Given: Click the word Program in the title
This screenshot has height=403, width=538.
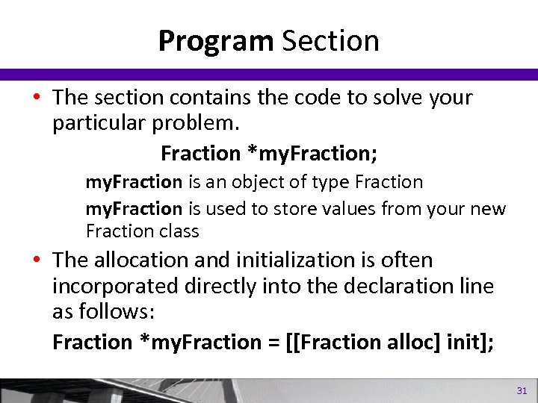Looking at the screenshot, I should (x=216, y=41).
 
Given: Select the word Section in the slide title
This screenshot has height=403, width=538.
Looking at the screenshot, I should (x=330, y=41).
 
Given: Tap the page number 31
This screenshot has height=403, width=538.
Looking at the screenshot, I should (x=521, y=390).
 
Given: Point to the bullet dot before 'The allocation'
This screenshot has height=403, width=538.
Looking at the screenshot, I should (x=37, y=261).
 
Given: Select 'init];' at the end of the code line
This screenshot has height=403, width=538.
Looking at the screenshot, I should (x=460, y=342).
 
